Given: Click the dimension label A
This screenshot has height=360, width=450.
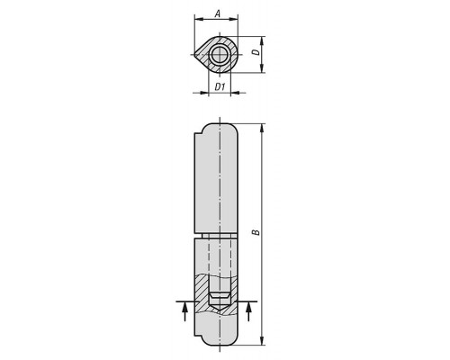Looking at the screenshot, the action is tap(219, 13).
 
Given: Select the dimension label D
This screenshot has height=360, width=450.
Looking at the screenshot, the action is tap(256, 52).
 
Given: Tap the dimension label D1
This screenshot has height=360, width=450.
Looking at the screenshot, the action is tap(220, 87).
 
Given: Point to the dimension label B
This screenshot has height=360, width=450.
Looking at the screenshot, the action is tap(256, 232).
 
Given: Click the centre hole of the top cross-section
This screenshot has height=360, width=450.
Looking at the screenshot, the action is tap(220, 55).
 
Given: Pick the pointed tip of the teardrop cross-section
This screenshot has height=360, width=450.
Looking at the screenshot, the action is tap(194, 55).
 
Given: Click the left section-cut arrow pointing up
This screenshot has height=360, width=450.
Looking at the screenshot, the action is tap(185, 311).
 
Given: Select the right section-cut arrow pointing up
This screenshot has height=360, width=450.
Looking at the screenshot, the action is tap(248, 311).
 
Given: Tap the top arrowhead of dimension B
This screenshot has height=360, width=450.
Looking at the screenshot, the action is tap(263, 128).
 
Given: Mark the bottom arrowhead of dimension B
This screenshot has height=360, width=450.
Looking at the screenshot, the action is tap(263, 341).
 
